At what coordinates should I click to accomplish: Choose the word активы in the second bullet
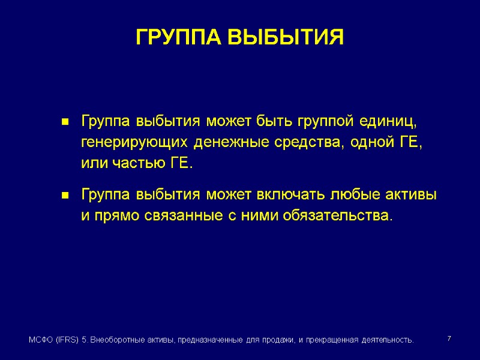click(x=412, y=196)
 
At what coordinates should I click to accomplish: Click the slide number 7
click(x=449, y=340)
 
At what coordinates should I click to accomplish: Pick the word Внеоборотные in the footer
click(x=121, y=340)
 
